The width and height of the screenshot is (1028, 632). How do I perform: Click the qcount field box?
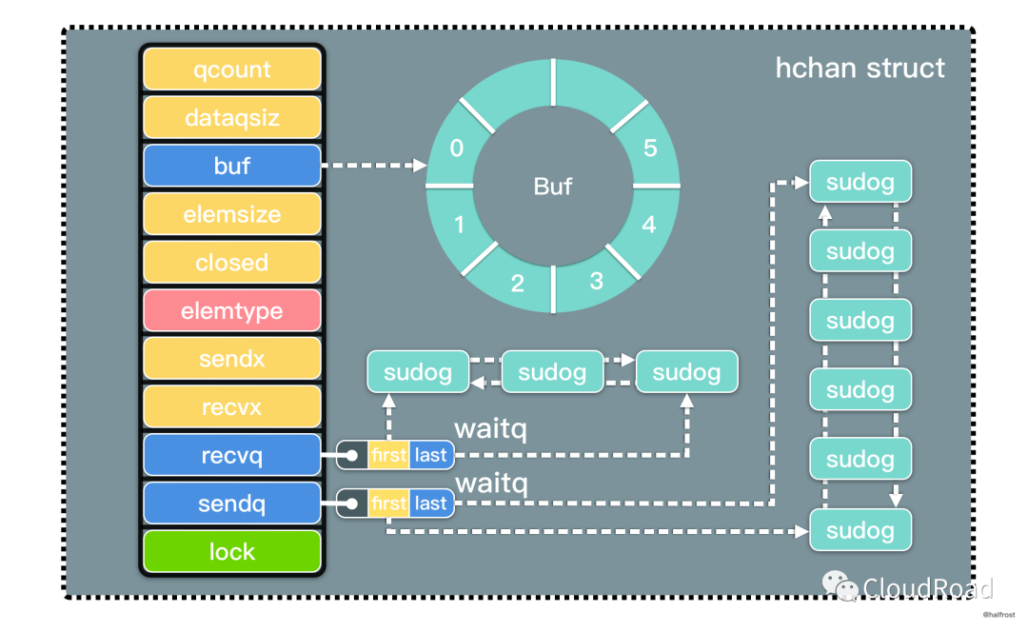point(232,69)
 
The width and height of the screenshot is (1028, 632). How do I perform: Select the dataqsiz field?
point(232,118)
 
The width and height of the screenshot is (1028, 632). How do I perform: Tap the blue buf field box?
point(232,166)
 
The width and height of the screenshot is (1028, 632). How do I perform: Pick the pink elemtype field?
point(232,310)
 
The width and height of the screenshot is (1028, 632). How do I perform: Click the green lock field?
point(232,551)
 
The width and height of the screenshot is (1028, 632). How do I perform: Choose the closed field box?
point(232,262)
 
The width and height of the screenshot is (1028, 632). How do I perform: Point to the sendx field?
point(232,359)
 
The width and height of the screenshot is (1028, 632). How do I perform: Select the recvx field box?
point(232,407)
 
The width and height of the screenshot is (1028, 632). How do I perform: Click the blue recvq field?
point(232,455)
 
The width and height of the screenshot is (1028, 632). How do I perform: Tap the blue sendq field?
point(232,504)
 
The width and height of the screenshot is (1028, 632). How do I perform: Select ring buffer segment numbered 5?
point(650,148)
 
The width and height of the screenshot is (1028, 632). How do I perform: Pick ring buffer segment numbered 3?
point(597,281)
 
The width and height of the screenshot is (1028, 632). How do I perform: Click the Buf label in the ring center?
point(553,186)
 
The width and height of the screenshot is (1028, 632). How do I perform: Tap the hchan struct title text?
point(860,69)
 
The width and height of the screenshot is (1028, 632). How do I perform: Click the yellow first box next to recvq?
point(388,455)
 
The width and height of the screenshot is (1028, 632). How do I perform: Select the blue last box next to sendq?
point(431,503)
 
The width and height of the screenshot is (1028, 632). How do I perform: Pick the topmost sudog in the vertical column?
point(860,182)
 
